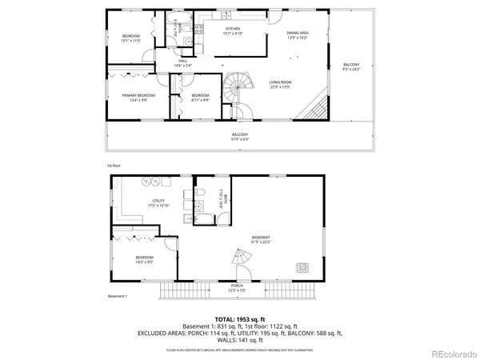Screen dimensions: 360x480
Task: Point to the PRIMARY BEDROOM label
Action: coord(140,97)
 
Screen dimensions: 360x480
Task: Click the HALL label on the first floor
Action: coord(182,62)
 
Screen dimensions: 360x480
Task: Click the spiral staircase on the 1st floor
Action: coord(237,85)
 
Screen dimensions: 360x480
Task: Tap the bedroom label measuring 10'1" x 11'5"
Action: coord(131,38)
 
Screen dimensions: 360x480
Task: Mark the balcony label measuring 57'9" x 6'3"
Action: coord(240,136)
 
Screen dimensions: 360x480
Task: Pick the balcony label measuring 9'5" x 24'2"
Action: coord(351,66)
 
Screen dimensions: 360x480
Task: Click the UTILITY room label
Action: coord(158,203)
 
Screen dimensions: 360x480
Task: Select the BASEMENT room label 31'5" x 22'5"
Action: coord(260,240)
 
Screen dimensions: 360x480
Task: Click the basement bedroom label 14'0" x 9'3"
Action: coord(145,259)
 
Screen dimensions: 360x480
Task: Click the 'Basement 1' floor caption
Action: coord(118,297)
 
